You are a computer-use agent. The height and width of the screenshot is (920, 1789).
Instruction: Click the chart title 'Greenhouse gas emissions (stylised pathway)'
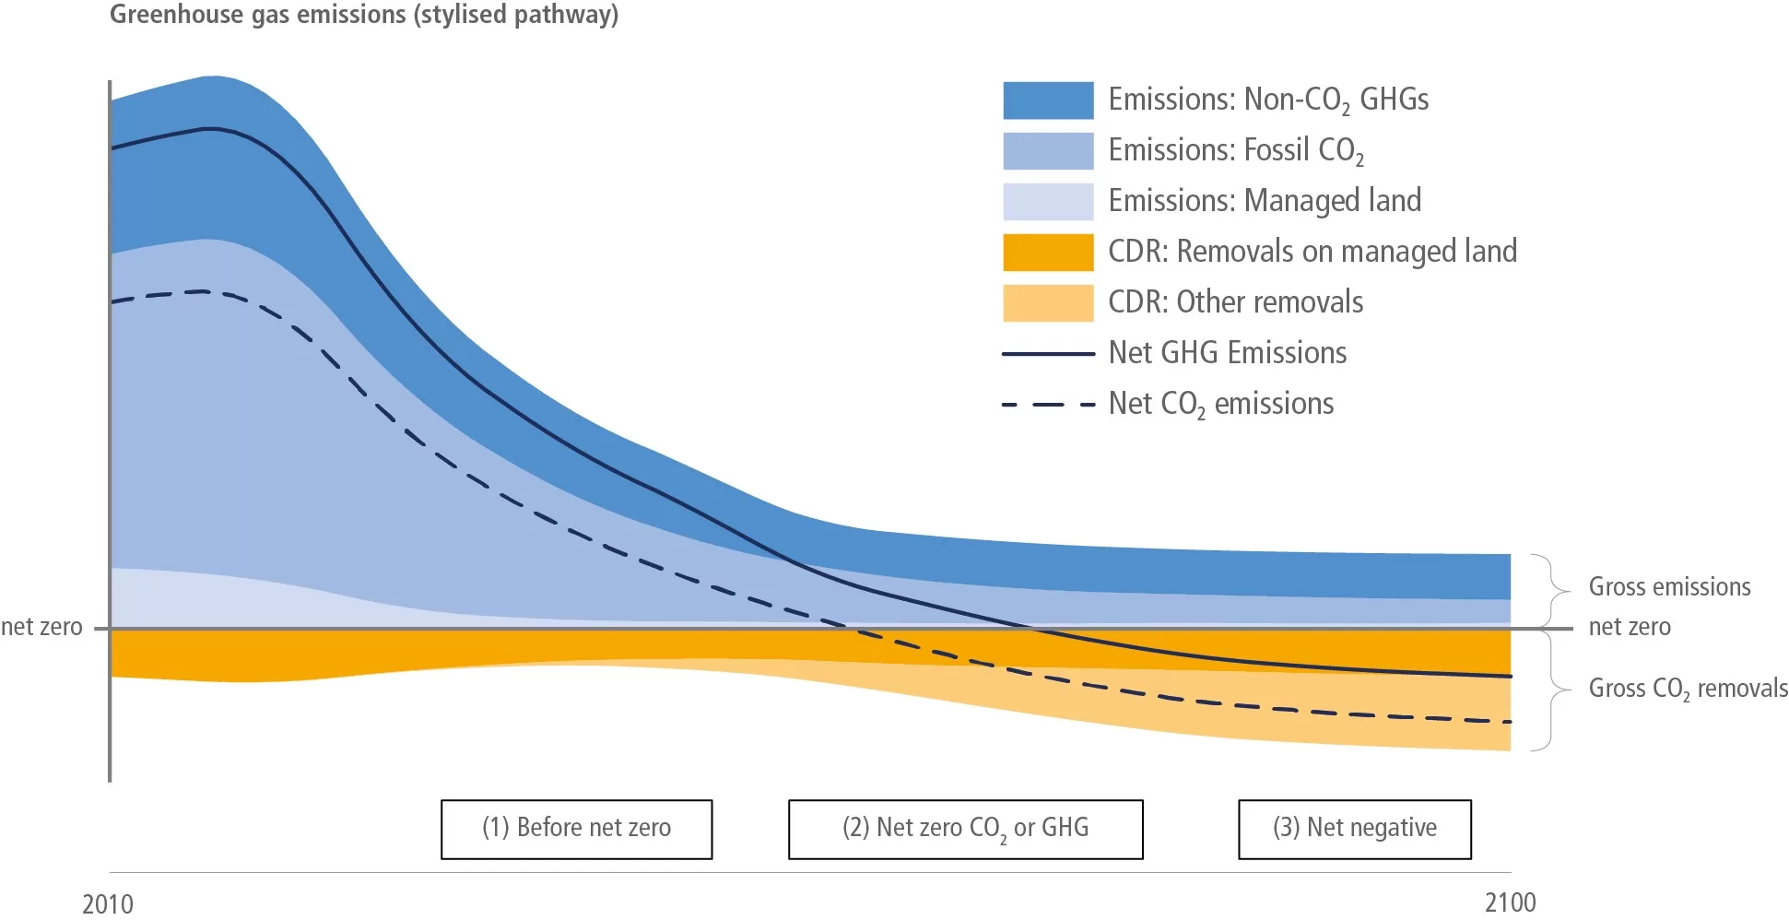tap(364, 15)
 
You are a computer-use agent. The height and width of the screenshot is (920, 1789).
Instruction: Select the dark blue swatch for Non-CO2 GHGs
tap(1048, 100)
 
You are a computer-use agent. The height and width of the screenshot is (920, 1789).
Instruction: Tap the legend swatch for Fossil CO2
tap(1048, 151)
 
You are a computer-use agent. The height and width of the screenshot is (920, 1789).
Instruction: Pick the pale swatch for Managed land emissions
tap(1048, 202)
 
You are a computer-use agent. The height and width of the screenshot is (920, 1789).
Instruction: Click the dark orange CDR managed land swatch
tap(1048, 253)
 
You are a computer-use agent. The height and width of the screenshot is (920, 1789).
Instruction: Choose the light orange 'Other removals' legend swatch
tap(1048, 303)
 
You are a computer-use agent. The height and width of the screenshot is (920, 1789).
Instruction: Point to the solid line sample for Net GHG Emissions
tap(1048, 354)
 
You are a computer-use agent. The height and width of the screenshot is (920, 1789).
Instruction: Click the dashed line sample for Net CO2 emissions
tap(1048, 405)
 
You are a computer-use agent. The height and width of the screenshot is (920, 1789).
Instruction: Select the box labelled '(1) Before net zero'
tap(576, 829)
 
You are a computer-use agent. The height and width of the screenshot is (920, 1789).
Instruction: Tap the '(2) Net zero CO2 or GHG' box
tap(965, 829)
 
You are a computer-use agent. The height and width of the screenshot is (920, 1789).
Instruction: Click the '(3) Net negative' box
tap(1354, 829)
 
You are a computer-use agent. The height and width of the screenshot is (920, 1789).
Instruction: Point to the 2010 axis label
tap(108, 903)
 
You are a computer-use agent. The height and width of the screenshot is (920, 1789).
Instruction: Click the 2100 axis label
tap(1510, 902)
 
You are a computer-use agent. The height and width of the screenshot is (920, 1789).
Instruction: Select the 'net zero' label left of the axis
tap(41, 627)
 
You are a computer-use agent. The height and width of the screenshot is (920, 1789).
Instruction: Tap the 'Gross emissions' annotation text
tap(1669, 587)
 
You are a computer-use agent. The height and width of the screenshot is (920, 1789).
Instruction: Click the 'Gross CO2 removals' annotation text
tap(1688, 689)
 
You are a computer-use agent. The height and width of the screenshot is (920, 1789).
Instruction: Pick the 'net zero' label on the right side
tap(1630, 627)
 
